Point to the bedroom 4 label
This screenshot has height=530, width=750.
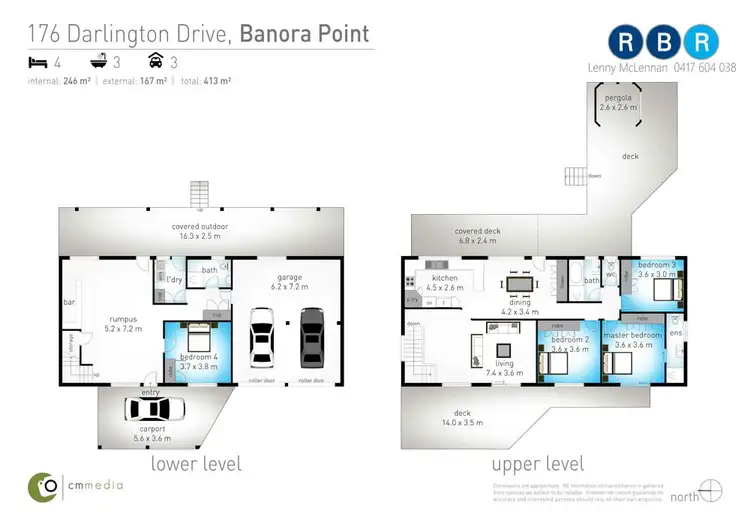(200, 362)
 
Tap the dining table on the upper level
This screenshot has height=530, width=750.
(520, 285)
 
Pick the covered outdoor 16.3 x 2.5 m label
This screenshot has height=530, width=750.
(200, 231)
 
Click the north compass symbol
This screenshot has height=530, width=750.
(711, 493)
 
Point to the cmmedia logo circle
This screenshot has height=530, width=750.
(41, 487)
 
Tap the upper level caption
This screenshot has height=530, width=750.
(538, 465)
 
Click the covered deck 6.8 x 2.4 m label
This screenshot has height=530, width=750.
(476, 236)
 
